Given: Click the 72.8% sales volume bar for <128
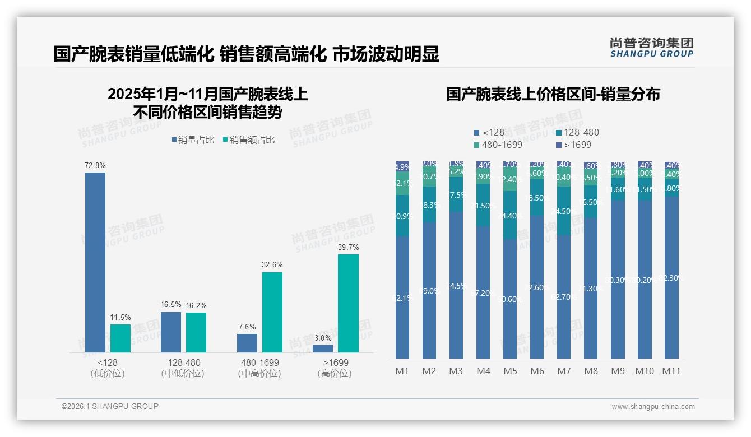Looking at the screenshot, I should click(x=95, y=262).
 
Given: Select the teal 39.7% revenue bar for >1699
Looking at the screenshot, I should click(x=348, y=303).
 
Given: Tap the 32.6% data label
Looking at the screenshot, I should click(x=272, y=264).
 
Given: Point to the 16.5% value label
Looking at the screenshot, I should click(x=171, y=305).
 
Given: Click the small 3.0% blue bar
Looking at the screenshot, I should click(x=323, y=348).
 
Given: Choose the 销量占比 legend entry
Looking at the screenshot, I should click(x=193, y=140).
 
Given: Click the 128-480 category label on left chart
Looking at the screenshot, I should click(x=183, y=363).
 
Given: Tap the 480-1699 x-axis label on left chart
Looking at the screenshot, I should click(x=259, y=363).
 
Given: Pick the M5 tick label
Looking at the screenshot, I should click(x=510, y=371).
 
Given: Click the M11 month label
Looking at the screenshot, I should click(x=671, y=371).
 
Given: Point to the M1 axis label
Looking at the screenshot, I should click(x=402, y=371).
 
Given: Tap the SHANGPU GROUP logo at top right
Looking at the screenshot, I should click(x=652, y=48).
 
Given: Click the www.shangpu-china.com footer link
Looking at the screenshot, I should click(x=653, y=407).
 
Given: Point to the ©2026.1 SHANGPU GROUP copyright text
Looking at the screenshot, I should click(x=110, y=406).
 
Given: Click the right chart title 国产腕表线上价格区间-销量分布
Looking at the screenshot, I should click(x=553, y=94).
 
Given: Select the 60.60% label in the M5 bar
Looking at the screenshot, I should click(x=510, y=299).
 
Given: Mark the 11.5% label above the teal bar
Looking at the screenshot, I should click(x=120, y=318).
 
